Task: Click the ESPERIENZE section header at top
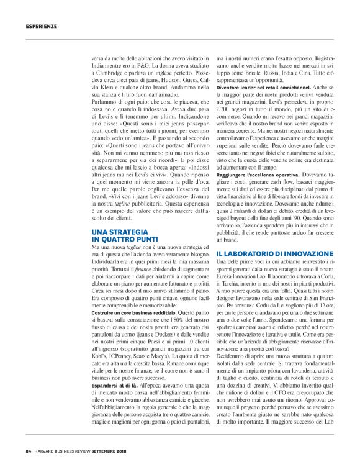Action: [41, 27]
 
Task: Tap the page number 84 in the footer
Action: [29, 451]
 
